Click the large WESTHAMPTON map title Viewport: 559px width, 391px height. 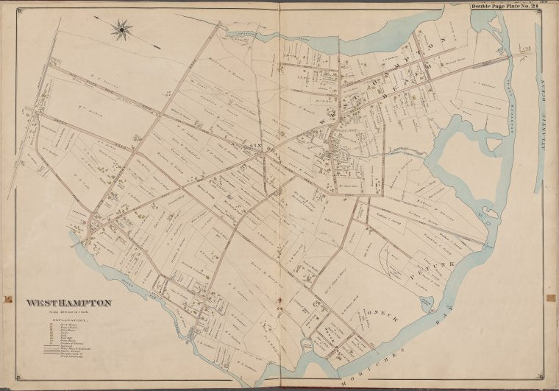point(69,303)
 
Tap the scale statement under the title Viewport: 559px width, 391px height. point(70,314)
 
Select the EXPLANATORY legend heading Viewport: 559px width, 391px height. point(70,323)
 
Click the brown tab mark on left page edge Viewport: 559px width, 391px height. point(7,300)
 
